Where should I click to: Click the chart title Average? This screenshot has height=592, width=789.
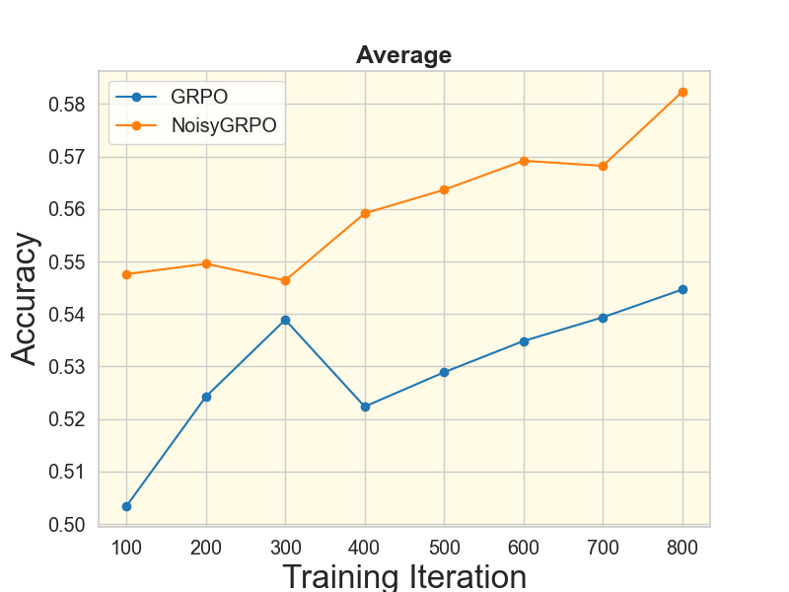click(x=403, y=55)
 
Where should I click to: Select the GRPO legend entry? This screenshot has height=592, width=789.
click(x=198, y=97)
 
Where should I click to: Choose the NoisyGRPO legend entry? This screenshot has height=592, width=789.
click(x=223, y=125)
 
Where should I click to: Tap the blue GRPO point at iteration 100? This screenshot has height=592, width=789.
click(x=126, y=506)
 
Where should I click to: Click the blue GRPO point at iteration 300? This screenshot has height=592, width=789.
click(x=285, y=320)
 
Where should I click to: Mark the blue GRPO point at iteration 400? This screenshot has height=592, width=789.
click(x=365, y=407)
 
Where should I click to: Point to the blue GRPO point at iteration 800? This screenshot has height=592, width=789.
click(x=682, y=289)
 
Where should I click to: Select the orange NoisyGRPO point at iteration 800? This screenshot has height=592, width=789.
click(x=682, y=92)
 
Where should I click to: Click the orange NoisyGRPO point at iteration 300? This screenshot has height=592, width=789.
click(x=285, y=280)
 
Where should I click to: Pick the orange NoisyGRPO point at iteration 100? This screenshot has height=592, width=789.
click(x=126, y=274)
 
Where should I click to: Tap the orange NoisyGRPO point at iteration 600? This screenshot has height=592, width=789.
click(x=524, y=161)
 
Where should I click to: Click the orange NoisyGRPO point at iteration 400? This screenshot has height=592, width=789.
click(x=365, y=213)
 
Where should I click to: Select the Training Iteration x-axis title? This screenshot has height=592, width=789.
click(x=403, y=576)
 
